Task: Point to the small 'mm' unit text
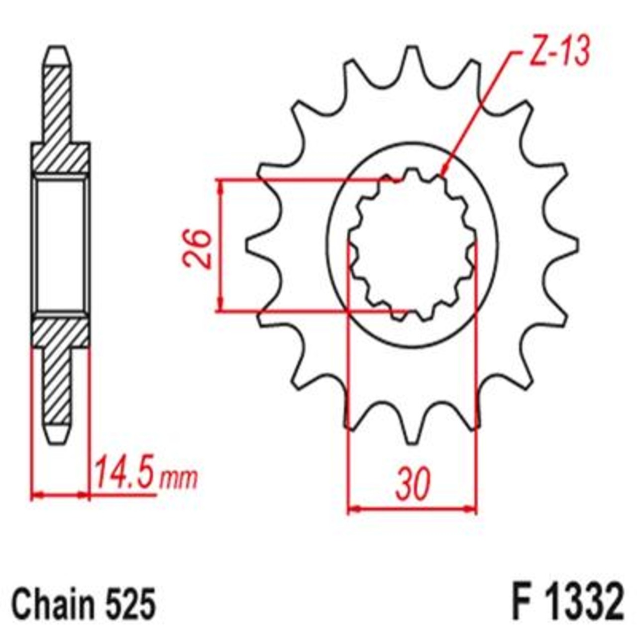tap(178, 479)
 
